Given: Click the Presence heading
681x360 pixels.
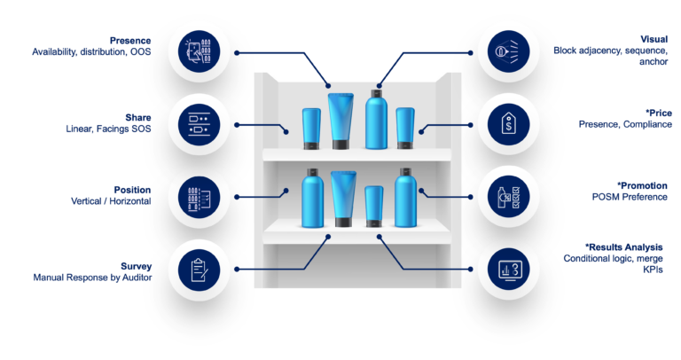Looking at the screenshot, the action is pos(130,41).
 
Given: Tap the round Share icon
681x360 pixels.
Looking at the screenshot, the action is pos(200,125).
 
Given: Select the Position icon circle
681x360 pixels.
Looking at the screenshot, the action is pos(200,197).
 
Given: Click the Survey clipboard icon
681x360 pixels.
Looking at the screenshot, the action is pos(200,270).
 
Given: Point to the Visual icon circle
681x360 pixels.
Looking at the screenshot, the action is pos(509,51).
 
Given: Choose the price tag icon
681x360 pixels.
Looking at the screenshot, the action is pos(509,124).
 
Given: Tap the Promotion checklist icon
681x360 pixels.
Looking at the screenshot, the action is pos(509,197).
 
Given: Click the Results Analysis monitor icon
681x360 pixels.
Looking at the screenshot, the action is pos(509,270).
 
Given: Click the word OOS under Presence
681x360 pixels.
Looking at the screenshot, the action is pos(141,51).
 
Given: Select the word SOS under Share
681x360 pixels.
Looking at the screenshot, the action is pos(141,129).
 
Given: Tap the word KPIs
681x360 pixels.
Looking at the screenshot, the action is pos(653,270).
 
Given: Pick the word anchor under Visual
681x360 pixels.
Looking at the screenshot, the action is pos(654,62).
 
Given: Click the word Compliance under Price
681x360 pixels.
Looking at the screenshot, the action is pos(647,125).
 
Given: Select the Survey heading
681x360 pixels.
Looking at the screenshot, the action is pos(136,266).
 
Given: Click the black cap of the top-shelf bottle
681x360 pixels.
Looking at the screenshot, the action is pos(376,93).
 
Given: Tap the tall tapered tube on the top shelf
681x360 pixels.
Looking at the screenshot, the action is pos(340,121).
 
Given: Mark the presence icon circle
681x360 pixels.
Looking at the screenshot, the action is pos(200,51).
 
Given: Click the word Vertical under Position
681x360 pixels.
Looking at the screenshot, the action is pos(86,201).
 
